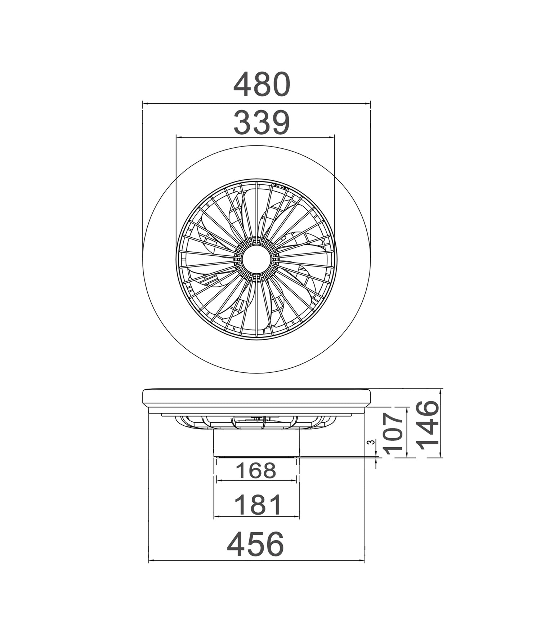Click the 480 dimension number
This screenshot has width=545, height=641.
(x=262, y=84)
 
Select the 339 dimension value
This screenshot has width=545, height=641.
(x=262, y=123)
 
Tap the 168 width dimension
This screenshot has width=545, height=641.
(x=256, y=471)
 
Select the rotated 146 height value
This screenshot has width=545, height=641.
(x=429, y=425)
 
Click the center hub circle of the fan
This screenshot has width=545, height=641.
(x=256, y=260)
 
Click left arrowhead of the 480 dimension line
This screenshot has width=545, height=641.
(x=145, y=104)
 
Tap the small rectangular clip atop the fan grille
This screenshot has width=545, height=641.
(x=280, y=187)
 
